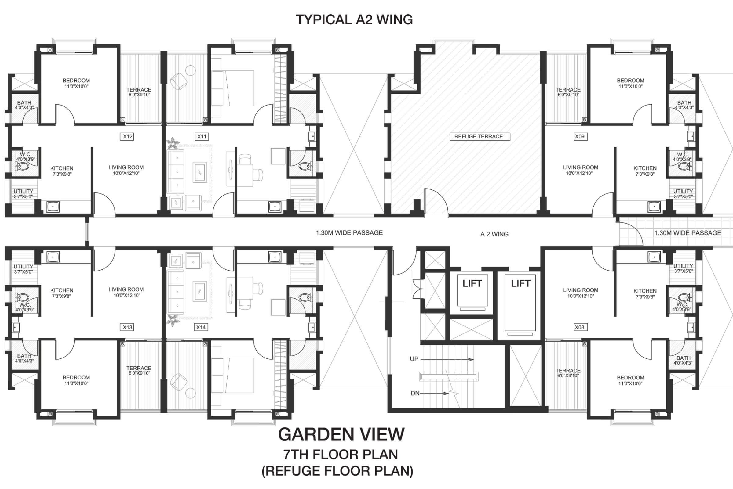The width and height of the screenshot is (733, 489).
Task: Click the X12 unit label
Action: pos(128,137)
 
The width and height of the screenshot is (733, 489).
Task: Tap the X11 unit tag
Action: pos(202,137)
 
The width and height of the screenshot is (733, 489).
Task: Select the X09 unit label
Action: pos(579,137)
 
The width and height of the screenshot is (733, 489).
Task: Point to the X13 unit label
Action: pos(127,327)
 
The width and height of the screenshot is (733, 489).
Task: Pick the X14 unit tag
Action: pos(201,327)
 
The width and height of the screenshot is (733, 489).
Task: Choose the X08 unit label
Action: pos(579,327)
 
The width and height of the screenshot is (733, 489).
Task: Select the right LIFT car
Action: pos(520,303)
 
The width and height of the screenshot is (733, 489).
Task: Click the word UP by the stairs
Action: pos(414,359)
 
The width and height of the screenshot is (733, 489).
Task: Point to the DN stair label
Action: pos(415,394)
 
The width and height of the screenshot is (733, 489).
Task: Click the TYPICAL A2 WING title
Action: pos(354,20)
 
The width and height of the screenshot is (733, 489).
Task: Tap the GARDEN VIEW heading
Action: pos(341,434)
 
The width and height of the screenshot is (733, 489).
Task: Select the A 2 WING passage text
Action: pos(494,234)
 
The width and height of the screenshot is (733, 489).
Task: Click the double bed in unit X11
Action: pos(232,88)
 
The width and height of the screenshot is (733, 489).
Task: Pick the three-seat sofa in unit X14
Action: pos(175,292)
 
